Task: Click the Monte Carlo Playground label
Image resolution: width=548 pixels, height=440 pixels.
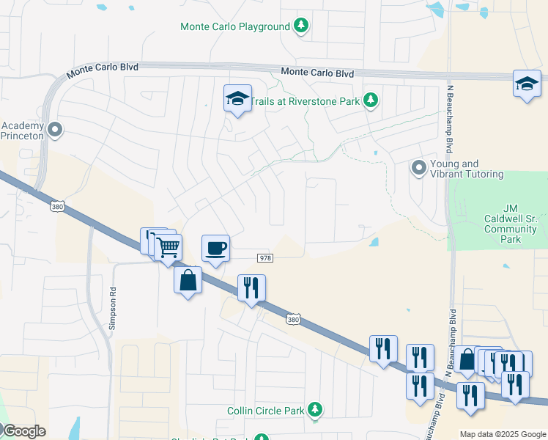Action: (235, 27)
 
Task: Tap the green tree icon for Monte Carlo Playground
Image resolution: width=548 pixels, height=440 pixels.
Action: (300, 26)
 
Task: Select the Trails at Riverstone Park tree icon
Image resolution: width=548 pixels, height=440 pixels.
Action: (371, 100)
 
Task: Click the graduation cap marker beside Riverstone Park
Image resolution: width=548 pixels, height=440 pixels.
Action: (237, 98)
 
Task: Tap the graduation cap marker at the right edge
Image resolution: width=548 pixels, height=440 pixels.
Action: (527, 83)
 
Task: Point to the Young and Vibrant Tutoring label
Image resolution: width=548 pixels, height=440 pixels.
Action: (467, 169)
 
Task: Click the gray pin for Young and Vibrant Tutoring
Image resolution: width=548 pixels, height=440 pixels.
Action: (418, 168)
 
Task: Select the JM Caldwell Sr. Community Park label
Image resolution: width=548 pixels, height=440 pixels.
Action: (511, 219)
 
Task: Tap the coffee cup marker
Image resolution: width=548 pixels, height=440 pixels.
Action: (215, 248)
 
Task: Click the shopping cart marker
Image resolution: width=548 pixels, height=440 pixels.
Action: (169, 246)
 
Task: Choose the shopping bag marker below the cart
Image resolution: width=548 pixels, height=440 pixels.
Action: (188, 279)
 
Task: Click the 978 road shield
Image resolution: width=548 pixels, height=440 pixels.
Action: (265, 258)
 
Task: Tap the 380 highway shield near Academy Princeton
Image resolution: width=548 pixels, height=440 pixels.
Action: (57, 208)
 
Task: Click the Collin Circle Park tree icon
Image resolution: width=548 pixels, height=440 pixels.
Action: (315, 409)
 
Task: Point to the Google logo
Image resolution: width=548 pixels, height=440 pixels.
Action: (23, 431)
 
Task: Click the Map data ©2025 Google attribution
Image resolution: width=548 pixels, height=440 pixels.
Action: (503, 434)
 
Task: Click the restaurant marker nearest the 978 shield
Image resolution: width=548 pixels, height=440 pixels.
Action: (251, 287)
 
